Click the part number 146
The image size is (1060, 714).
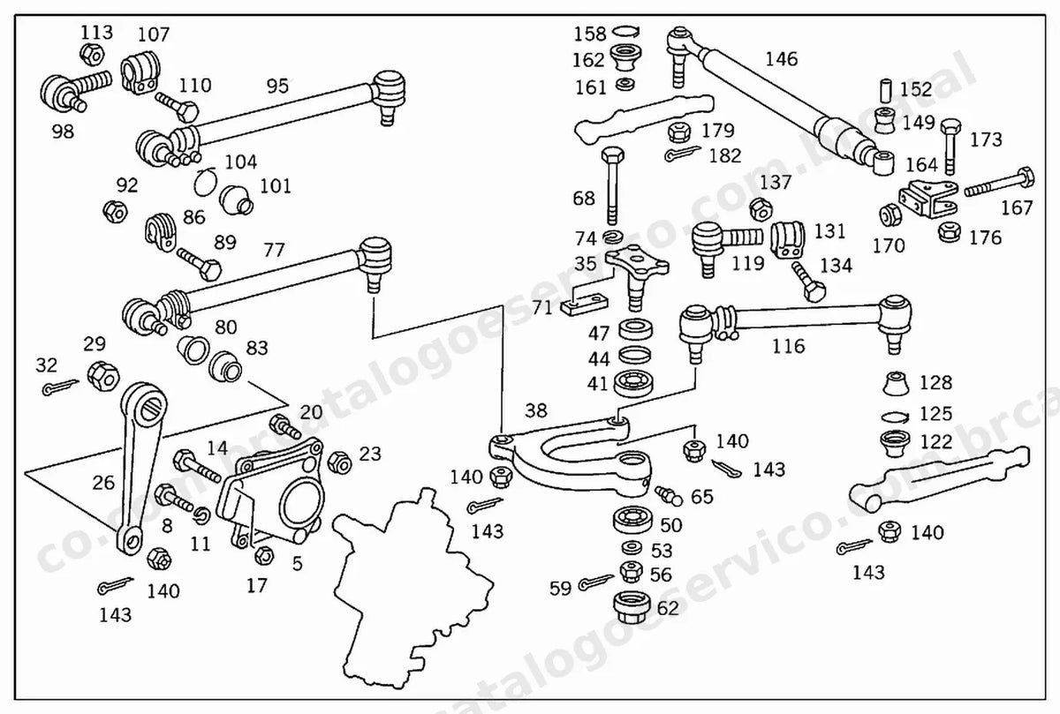pos(781,59)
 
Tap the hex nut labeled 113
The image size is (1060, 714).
pos(91,55)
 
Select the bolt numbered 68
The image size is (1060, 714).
pos(612,186)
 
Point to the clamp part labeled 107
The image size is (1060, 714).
pos(140,73)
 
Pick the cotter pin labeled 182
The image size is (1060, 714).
pos(682,154)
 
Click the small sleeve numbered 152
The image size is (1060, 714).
pos(886,91)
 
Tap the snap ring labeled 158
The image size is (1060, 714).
pos(626,32)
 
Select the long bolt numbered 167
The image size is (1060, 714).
pos(999,182)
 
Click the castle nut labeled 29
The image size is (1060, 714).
pos(103,376)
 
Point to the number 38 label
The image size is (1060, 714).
pos(535,410)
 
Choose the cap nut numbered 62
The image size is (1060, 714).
pos(632,607)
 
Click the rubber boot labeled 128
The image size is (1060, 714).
pos(896,384)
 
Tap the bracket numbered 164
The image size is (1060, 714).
pos(928,199)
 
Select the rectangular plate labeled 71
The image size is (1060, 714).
pos(584,305)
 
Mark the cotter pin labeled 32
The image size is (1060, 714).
pos(60,387)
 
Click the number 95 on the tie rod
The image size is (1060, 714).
pos(277,86)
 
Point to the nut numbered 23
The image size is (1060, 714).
pos(339,462)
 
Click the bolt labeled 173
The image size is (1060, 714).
pos(950,147)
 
